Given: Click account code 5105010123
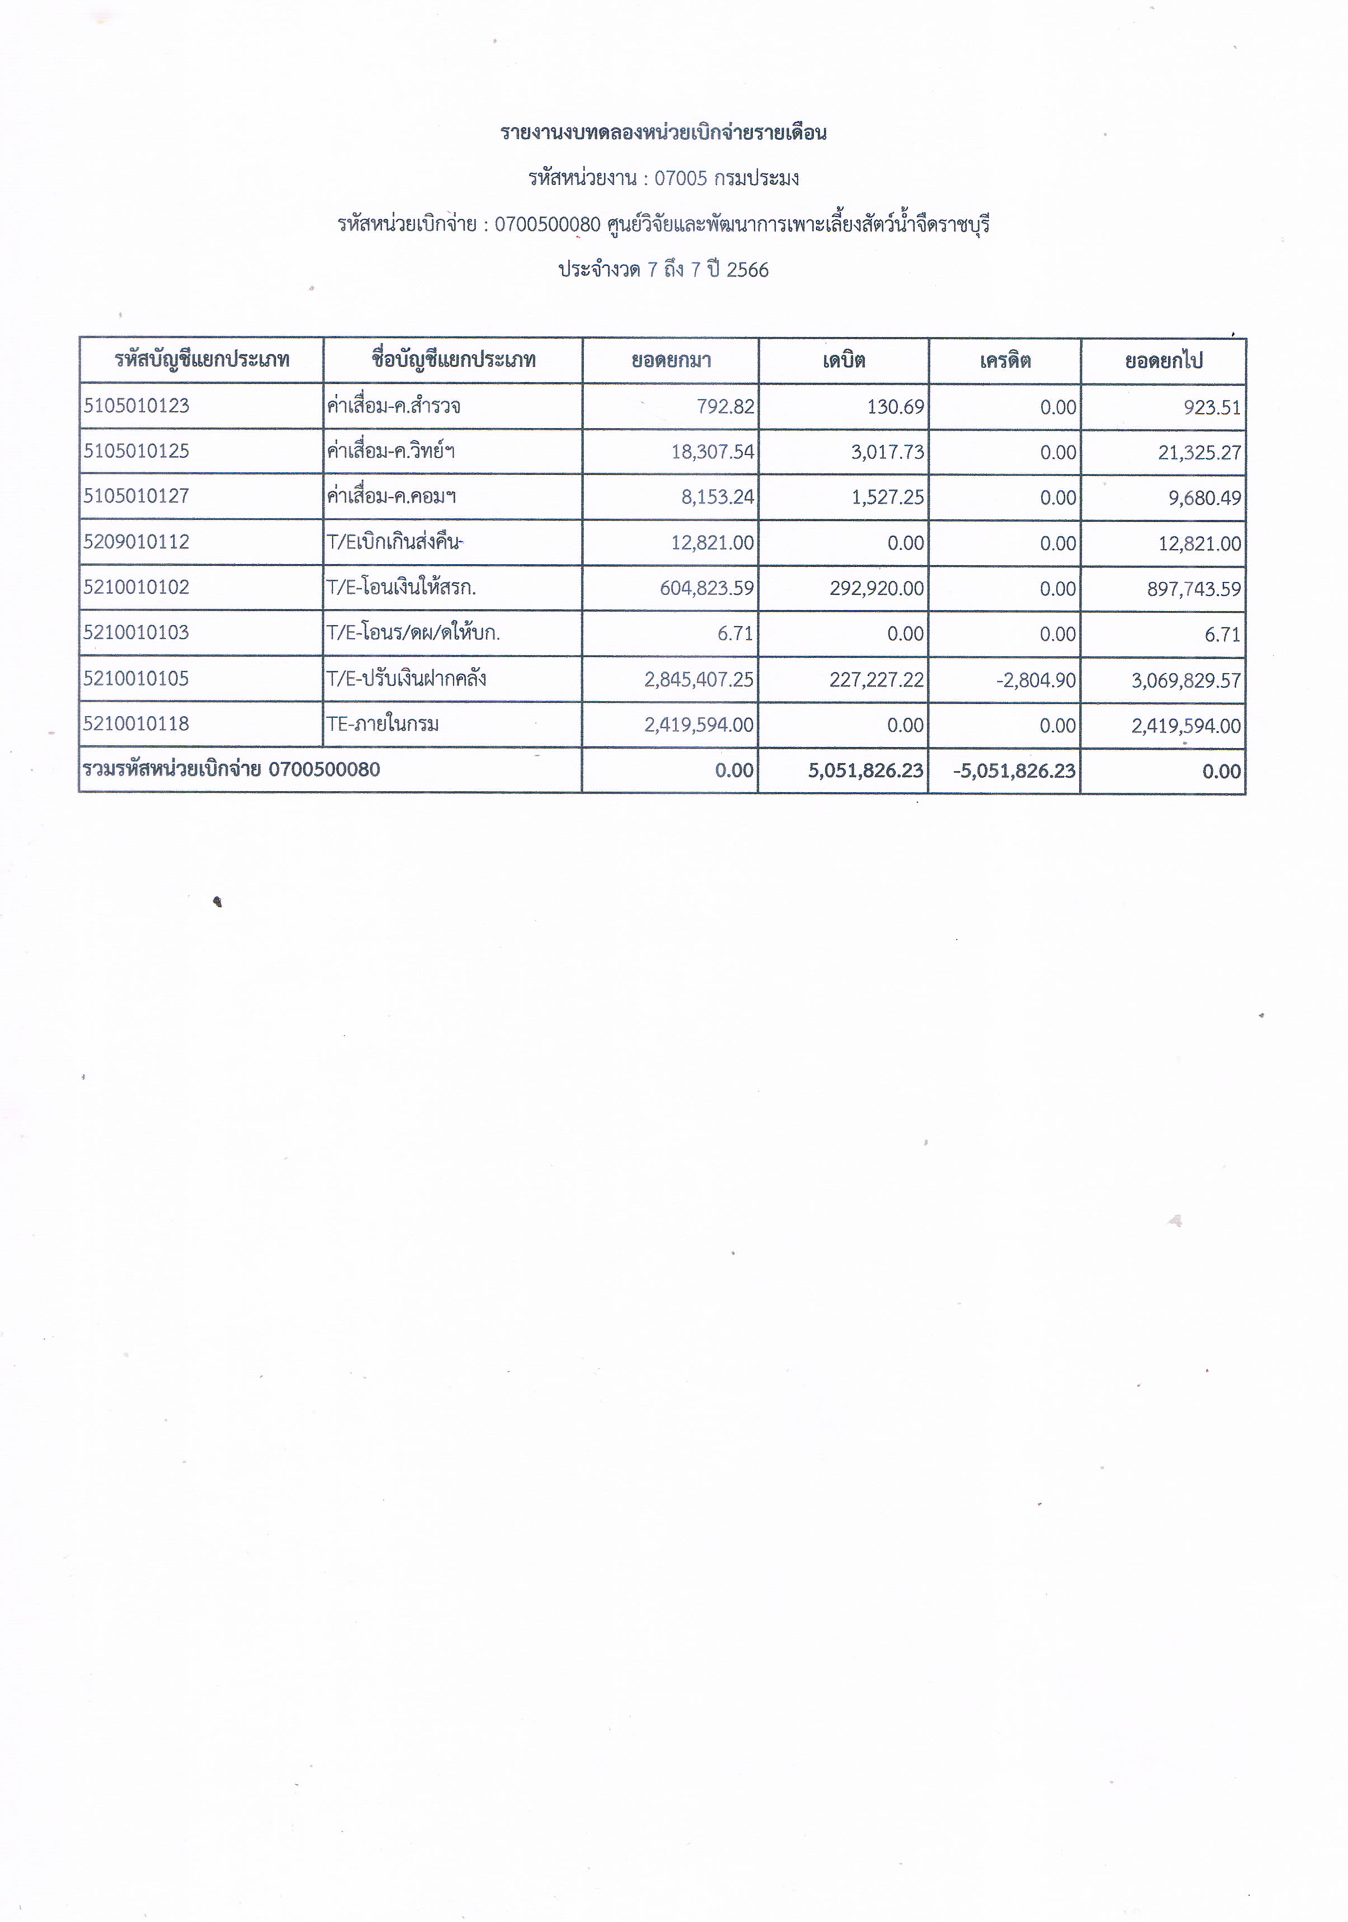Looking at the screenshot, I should [x=137, y=406].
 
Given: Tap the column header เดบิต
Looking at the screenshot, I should [x=843, y=361].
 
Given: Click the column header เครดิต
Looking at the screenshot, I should [x=1005, y=361].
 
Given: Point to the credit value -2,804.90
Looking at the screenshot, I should [x=1036, y=680].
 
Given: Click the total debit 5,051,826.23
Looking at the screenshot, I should [x=866, y=770].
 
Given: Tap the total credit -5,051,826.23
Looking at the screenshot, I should [x=1014, y=770].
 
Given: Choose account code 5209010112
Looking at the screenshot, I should [x=137, y=541].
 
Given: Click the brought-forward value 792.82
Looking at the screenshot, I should [x=725, y=407].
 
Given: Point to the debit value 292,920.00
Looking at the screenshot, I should [x=877, y=588].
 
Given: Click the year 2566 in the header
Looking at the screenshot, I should [x=747, y=270].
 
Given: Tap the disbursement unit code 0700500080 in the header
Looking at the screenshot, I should [x=548, y=224].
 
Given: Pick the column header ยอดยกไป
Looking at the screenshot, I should [x=1164, y=361].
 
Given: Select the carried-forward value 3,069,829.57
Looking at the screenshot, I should [x=1186, y=680].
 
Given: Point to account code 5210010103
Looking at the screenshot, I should [x=137, y=632].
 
